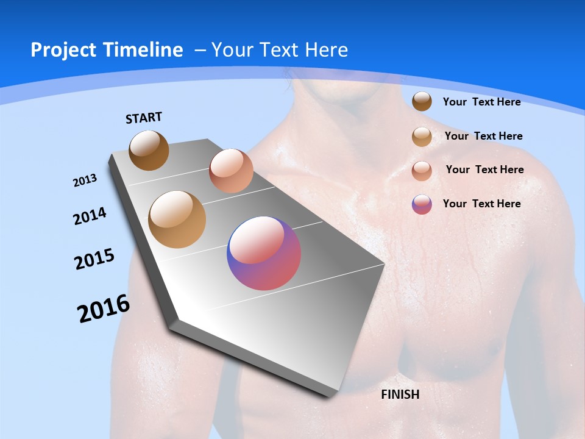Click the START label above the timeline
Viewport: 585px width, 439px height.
coord(144,118)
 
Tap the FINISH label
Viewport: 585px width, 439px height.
coord(400,394)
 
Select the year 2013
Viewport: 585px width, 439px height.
coord(85,180)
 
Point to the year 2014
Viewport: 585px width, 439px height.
coord(90,216)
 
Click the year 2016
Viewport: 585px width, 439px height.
coord(104,308)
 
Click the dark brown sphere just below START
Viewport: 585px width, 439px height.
coord(149,150)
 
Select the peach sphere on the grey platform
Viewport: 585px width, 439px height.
coord(231,171)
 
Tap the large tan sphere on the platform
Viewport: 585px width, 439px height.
coord(177,219)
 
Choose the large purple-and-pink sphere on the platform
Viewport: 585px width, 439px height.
coord(264,253)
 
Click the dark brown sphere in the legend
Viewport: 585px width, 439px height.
coord(422,101)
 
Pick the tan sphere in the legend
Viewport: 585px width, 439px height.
coord(422,137)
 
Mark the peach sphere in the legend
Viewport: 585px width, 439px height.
coord(422,171)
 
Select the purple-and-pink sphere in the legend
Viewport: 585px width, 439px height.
coord(422,204)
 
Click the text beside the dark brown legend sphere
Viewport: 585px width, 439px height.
coord(482,102)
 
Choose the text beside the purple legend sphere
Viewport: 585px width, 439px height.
coord(482,204)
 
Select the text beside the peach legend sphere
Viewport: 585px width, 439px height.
coord(484,170)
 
